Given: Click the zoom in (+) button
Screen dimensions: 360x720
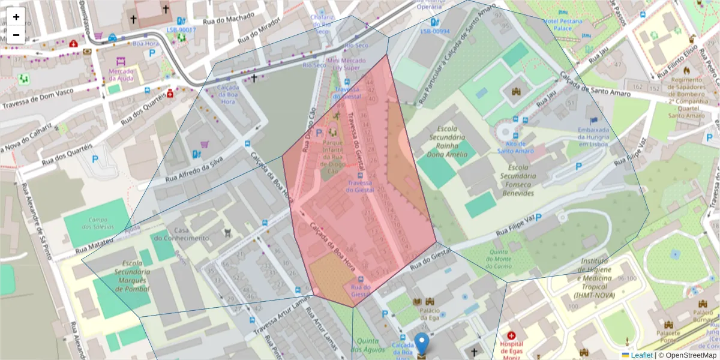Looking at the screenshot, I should point(16,17).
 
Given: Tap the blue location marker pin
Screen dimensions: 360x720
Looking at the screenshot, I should point(422,344).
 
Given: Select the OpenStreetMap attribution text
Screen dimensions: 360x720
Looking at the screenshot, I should point(690,355).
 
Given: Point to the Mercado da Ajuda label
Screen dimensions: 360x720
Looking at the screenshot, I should point(121,74).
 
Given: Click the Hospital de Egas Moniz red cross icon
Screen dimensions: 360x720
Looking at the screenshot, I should point(511,335).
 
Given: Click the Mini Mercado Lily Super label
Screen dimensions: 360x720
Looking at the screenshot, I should point(343,64).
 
